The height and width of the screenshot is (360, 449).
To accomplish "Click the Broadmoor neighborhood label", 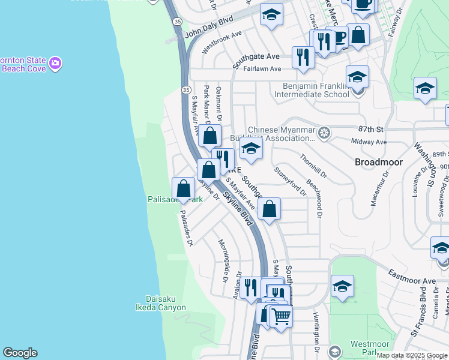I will (x=378, y=162).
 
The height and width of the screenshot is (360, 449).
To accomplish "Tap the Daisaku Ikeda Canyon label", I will (x=166, y=303).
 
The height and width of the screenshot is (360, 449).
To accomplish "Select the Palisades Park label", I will (x=175, y=199).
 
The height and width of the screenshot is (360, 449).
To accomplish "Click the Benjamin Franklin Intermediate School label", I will (x=312, y=90).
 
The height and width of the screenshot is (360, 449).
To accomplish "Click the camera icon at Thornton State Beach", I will (x=55, y=63).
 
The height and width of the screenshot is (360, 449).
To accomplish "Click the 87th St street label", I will (x=370, y=129).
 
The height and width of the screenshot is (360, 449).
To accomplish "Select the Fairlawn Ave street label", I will (x=262, y=69).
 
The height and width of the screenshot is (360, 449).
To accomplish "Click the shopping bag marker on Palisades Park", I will (x=183, y=188).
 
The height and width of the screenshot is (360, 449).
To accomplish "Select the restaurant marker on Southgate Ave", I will (x=301, y=57).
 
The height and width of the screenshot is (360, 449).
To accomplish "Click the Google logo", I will (x=19, y=353).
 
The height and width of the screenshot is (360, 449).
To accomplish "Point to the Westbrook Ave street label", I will (x=222, y=41).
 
